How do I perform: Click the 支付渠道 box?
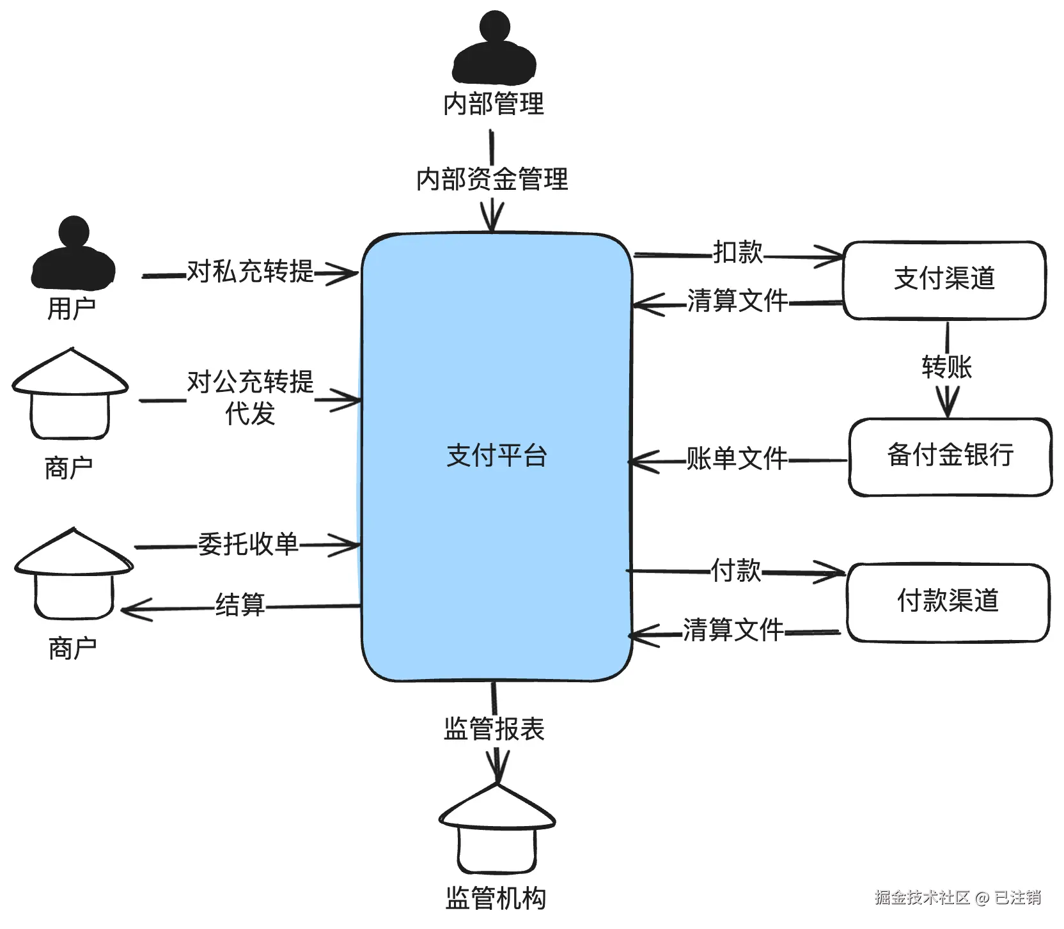coord(944,279)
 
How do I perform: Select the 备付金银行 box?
coord(950,457)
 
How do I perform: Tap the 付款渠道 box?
coord(948,602)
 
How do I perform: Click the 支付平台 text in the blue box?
coord(497,455)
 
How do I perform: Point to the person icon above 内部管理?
coord(494,48)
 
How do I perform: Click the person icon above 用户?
coord(74,253)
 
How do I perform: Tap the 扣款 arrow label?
coord(738,253)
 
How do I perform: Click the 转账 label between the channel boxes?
coord(947,367)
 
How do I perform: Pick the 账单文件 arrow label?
coord(737,458)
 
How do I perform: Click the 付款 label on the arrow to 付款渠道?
coord(736,570)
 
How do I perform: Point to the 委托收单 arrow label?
coord(248,544)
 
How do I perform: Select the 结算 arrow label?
coord(240,604)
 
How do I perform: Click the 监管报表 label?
coord(494,729)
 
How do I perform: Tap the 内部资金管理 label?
coord(492,179)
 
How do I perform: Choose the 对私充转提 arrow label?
coord(250,272)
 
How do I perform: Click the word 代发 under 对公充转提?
coord(250,413)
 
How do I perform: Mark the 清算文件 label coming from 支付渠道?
coord(737,300)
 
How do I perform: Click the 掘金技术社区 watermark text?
coord(923,898)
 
